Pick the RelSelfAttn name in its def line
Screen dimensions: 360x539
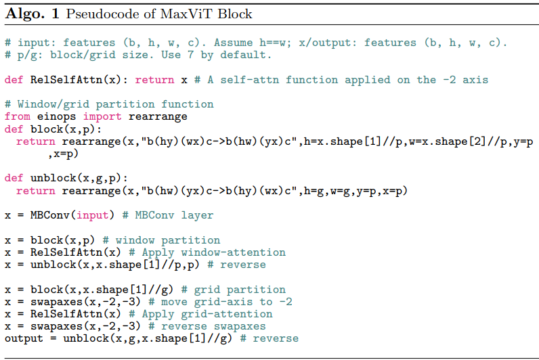coord(64,80)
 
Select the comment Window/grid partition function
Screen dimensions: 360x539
coord(109,104)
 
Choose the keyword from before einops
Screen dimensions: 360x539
coord(17,116)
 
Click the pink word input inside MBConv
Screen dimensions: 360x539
coord(92,215)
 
